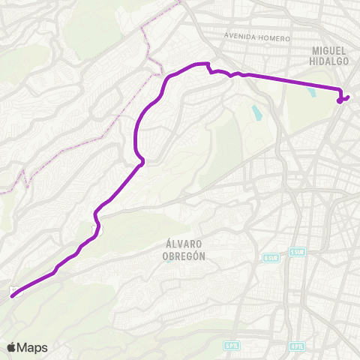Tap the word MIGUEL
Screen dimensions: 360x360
[330, 49]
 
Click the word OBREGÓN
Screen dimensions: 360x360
[184, 255]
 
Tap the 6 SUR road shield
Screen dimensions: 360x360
[271, 256]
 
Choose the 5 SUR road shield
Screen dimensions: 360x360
[298, 251]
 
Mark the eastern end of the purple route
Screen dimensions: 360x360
[348, 97]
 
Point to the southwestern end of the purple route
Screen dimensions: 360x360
[12, 296]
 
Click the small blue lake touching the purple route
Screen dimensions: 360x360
[312, 93]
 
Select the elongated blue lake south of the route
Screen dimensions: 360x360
[257, 113]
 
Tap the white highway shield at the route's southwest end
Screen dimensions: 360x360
[13, 289]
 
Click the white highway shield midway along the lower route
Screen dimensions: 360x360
[95, 227]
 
